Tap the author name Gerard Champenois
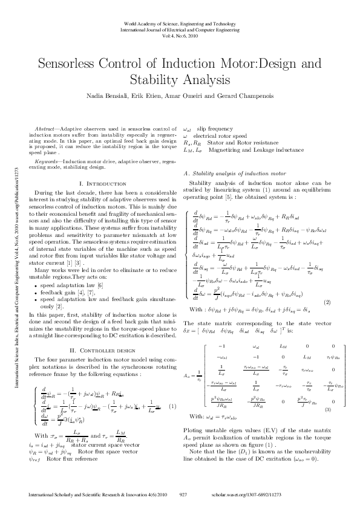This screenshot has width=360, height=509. (232, 96)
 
